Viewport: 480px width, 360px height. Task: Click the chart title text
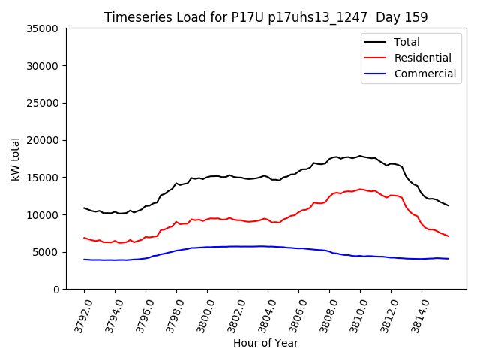tap(266, 17)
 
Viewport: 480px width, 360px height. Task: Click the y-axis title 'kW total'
tap(16, 159)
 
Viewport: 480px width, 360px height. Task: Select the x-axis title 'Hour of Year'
tap(265, 343)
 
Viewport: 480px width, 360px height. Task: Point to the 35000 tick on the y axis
tap(44, 28)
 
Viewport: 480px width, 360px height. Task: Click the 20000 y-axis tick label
tap(44, 140)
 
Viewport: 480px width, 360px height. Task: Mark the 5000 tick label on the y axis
tap(47, 252)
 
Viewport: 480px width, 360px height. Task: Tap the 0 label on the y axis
tap(57, 289)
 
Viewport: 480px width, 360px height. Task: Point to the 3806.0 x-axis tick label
tap(293, 316)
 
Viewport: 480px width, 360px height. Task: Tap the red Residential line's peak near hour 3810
tap(360, 189)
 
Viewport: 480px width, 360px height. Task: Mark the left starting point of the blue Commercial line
tap(84, 259)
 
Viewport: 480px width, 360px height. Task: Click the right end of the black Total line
tap(448, 205)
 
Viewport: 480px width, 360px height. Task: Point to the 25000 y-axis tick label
tap(44, 103)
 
